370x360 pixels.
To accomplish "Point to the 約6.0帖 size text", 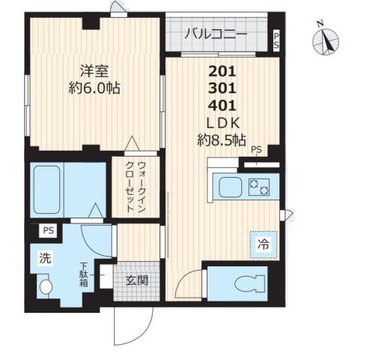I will pos(94,88).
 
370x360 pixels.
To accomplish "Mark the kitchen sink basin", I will pos(228,187).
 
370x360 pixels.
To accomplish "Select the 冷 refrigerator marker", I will pos(263,244).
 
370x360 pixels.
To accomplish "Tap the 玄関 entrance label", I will pos(136,280).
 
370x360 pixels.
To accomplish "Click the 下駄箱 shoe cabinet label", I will pos(85,274).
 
